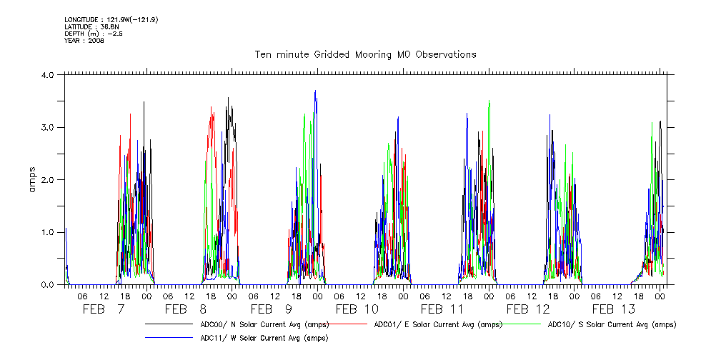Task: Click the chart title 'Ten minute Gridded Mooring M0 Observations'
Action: tap(366, 55)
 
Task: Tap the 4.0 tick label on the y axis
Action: tap(48, 75)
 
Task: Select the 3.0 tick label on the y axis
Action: tap(48, 127)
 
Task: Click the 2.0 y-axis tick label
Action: tap(48, 180)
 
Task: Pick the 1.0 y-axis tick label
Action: tap(48, 232)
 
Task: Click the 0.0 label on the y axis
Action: tap(48, 284)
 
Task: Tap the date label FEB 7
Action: tap(104, 309)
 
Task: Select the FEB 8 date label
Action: tap(186, 309)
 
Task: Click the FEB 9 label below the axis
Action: tap(272, 309)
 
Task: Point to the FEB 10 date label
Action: tap(357, 309)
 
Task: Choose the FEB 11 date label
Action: tap(442, 309)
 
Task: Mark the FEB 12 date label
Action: tap(528, 309)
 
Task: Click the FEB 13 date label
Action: tap(614, 309)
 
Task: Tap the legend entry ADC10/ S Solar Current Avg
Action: tap(612, 325)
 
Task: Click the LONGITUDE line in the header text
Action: tap(111, 19)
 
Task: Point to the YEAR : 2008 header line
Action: tap(84, 41)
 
